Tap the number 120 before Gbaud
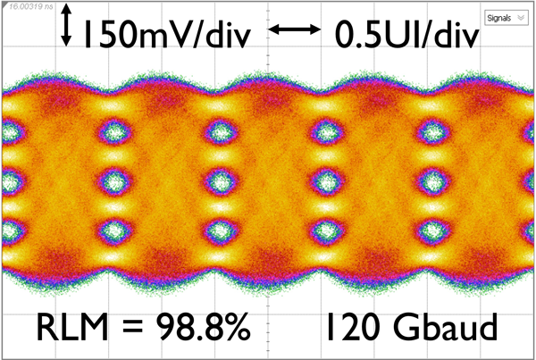(351, 330)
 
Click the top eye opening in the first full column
(114, 132)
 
